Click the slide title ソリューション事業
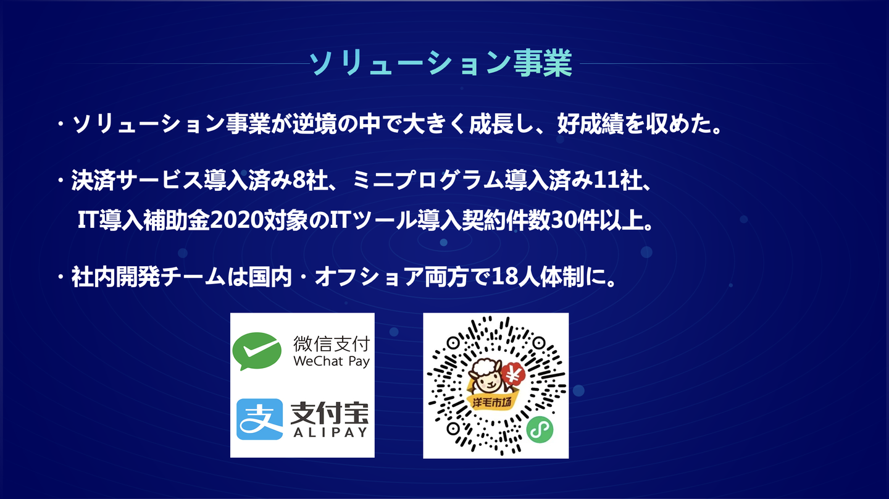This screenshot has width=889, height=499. click(x=441, y=63)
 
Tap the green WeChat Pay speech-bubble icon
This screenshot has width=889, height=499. click(x=257, y=351)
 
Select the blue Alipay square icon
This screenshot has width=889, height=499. click(x=259, y=419)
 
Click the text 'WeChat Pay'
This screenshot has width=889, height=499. click(x=332, y=362)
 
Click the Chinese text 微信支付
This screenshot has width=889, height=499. click(x=332, y=344)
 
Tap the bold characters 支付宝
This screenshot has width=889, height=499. click(x=330, y=413)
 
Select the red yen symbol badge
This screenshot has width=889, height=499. click(x=513, y=374)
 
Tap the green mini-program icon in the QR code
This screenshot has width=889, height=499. click(x=540, y=430)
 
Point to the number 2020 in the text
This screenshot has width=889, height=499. click(x=237, y=220)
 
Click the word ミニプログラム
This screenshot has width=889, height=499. click(x=427, y=180)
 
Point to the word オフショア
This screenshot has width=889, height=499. click(x=369, y=277)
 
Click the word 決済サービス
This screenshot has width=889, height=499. click(x=137, y=180)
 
